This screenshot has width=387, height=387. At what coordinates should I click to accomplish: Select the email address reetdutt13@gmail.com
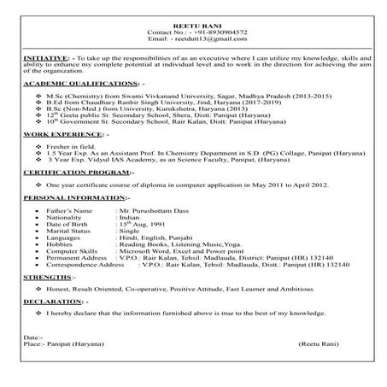tap(206, 39)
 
